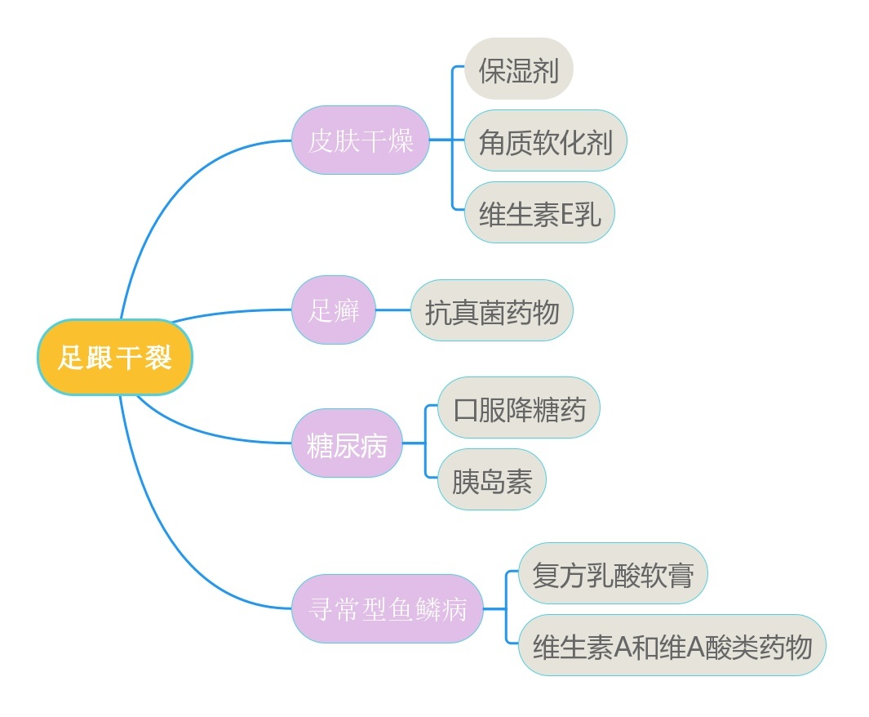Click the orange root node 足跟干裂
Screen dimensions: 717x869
(114, 358)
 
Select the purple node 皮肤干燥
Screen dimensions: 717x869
(361, 140)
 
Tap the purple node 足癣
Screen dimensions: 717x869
(334, 310)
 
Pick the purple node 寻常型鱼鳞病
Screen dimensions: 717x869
(388, 608)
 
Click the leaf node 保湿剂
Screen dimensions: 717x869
(519, 69)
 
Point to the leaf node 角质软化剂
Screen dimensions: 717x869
(545, 140)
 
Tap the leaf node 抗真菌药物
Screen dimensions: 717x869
(492, 310)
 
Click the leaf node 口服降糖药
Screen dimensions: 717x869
(519, 407)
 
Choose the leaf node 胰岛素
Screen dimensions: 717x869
(492, 480)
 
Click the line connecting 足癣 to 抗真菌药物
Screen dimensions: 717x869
(393, 310)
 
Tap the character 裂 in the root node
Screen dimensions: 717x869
(158, 358)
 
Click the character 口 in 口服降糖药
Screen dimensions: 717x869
(465, 408)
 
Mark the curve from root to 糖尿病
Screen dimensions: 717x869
(212, 434)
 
